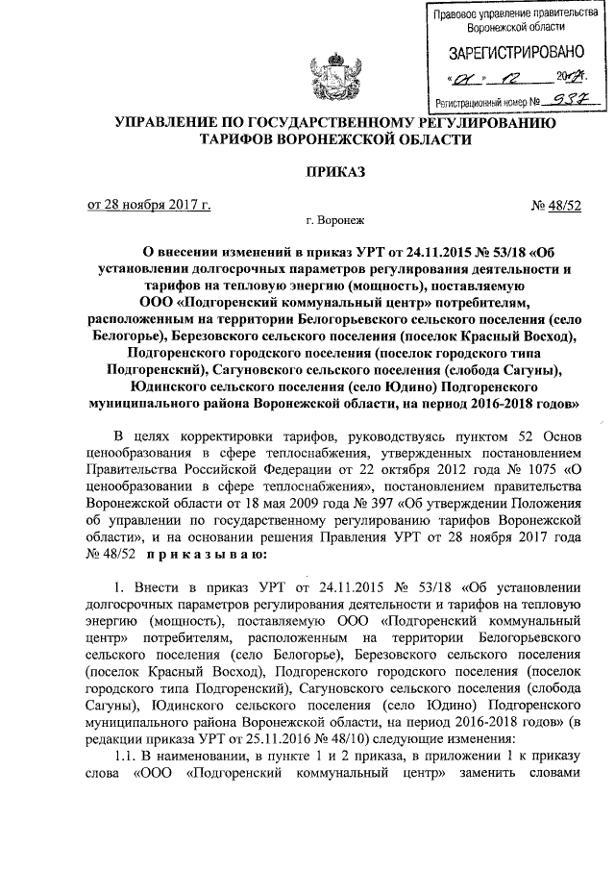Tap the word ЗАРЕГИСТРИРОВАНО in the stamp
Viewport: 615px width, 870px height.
click(508, 53)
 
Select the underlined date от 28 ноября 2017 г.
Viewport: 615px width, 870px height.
click(149, 204)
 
